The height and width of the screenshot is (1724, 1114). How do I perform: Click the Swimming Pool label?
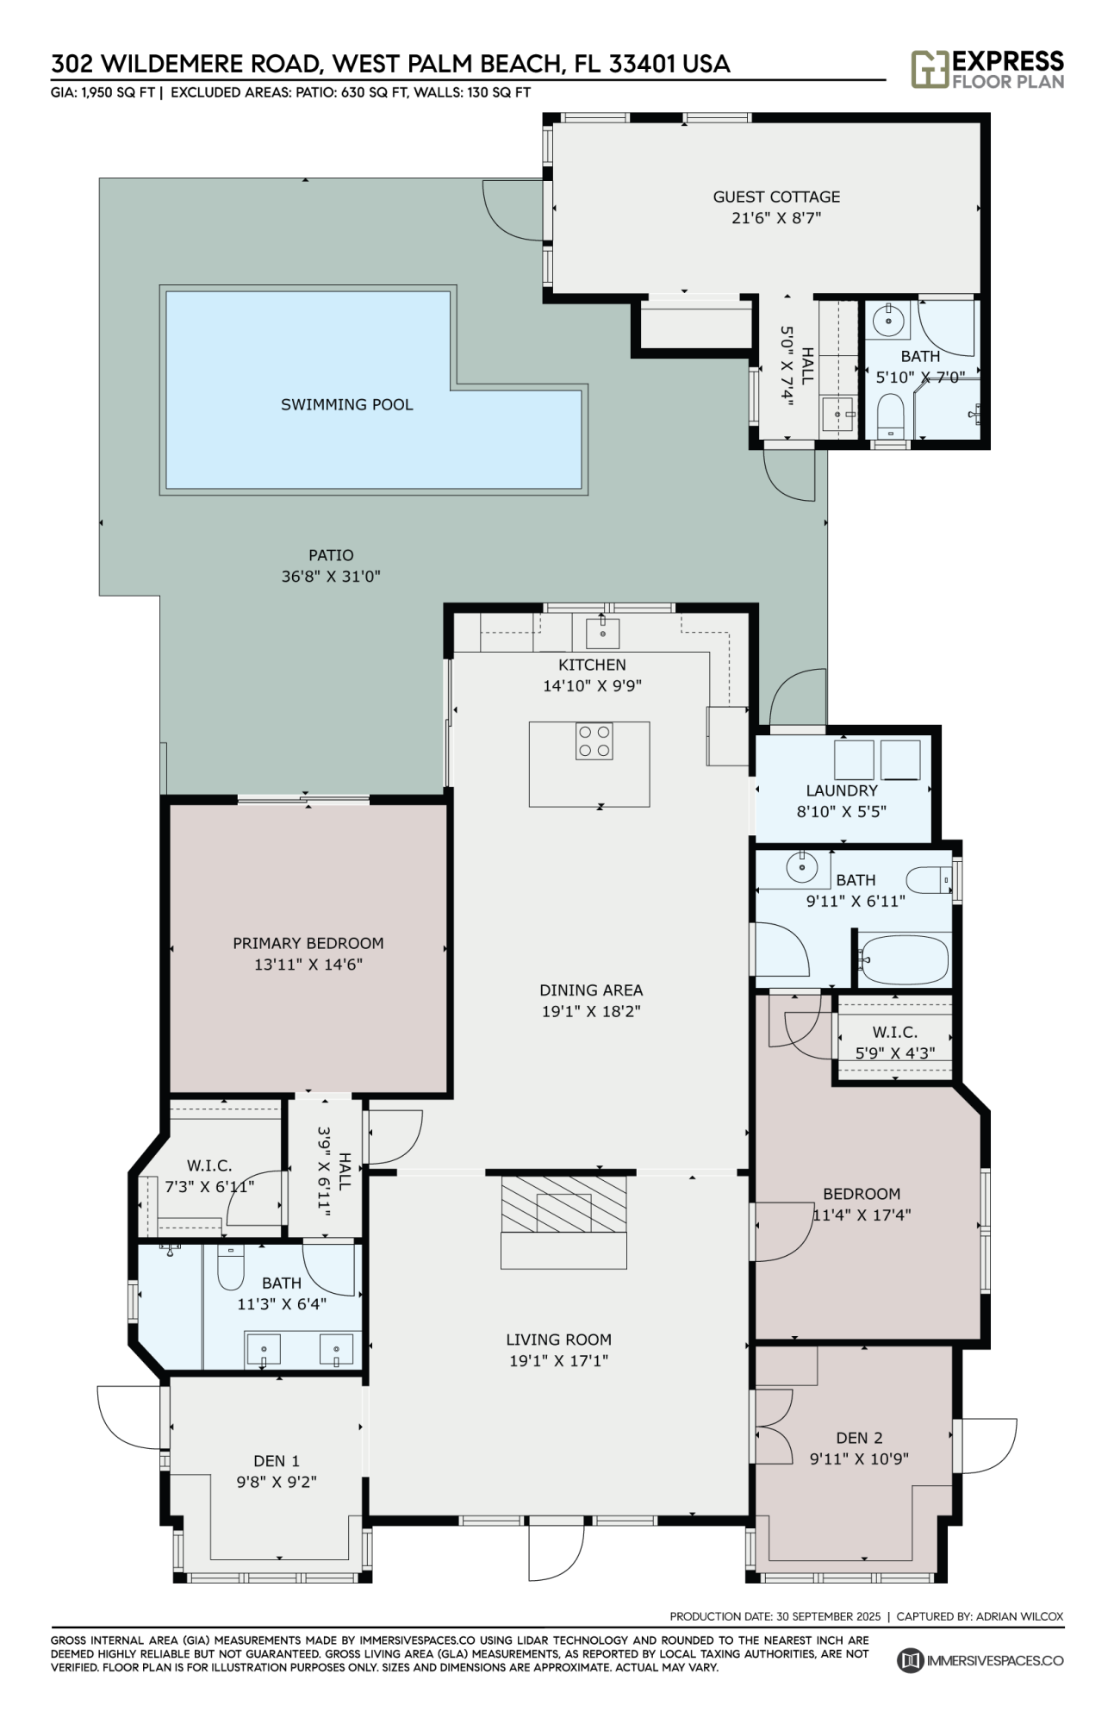tap(346, 404)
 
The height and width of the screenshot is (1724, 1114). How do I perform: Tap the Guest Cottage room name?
tap(776, 197)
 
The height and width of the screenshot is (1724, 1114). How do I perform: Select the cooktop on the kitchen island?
tap(594, 741)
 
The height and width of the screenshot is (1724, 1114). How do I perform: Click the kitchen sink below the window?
tap(603, 632)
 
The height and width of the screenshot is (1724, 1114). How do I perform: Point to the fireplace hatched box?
tap(564, 1204)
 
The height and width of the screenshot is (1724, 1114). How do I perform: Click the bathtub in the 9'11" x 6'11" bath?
tap(904, 959)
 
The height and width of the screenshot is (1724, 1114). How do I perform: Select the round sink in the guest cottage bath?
tap(887, 320)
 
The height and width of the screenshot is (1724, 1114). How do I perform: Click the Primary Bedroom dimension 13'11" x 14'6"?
tap(308, 965)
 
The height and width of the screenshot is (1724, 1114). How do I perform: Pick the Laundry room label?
tap(842, 790)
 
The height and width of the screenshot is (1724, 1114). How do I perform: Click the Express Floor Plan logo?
tap(987, 70)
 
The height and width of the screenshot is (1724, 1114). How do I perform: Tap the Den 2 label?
tap(859, 1438)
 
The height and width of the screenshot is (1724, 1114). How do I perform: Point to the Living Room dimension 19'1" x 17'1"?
tap(558, 1361)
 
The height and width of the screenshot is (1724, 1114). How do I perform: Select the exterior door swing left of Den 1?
tap(129, 1418)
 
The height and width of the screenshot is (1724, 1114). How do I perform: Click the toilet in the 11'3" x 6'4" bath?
tap(230, 1266)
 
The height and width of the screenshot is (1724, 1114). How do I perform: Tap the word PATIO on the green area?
tap(331, 555)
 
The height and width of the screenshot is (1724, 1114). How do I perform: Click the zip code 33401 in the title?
tap(643, 64)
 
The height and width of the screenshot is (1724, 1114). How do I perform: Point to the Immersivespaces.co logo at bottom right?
tap(980, 1660)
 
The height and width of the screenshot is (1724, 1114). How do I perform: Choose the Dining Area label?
tap(591, 990)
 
